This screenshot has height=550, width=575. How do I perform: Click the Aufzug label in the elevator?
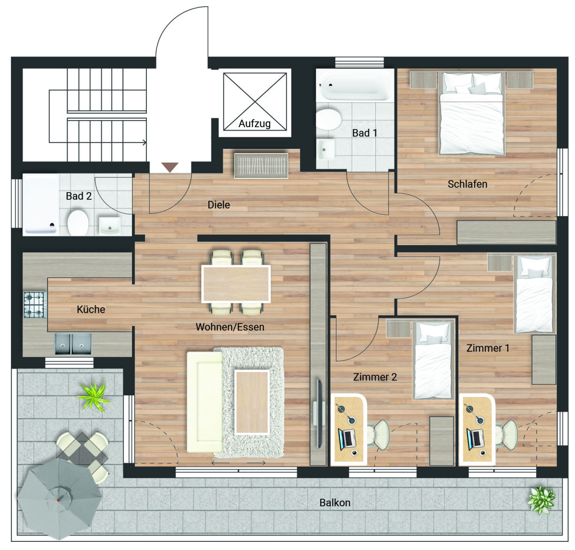[254, 123]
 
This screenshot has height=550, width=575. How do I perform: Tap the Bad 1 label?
[364, 133]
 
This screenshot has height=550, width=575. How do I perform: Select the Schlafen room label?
[467, 184]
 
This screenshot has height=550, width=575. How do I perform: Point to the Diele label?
[219, 205]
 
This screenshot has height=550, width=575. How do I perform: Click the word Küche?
[91, 309]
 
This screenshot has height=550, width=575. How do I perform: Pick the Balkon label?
[335, 502]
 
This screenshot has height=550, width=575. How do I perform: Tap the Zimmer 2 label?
[375, 377]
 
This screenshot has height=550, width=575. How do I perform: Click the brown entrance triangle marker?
[170, 167]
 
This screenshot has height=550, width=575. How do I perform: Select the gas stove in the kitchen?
[35, 305]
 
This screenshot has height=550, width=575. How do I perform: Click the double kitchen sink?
[73, 344]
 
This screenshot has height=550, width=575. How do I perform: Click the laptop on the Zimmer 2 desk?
[347, 439]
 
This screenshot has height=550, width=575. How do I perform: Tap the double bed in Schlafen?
[472, 113]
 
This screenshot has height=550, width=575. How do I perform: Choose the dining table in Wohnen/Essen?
[236, 284]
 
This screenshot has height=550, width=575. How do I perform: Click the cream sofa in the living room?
[204, 402]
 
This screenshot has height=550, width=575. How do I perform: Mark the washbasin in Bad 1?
[326, 149]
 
